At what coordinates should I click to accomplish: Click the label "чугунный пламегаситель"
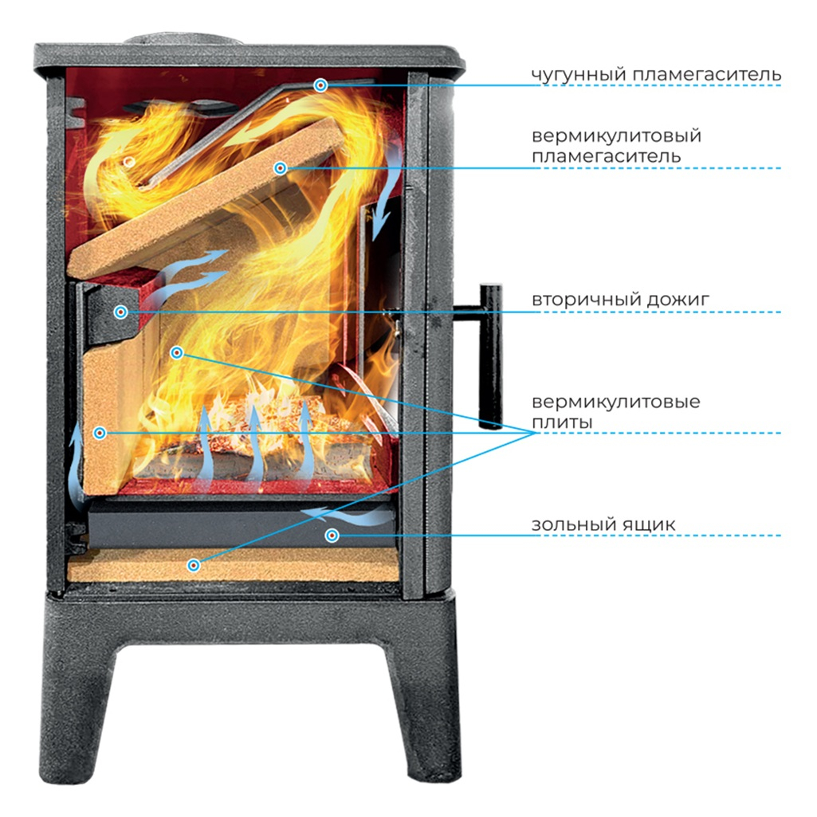[x=656, y=75]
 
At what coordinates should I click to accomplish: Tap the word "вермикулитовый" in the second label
[x=616, y=136]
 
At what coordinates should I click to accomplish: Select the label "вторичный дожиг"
[x=620, y=300]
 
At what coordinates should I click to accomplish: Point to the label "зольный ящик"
[x=603, y=525]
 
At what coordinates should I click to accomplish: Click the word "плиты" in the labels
[x=562, y=422]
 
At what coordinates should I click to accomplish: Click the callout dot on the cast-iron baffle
[x=320, y=85]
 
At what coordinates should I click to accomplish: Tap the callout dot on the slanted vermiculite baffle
[x=280, y=168]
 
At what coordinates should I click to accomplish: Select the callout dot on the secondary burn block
[x=120, y=312]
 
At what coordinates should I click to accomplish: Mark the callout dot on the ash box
[x=332, y=536]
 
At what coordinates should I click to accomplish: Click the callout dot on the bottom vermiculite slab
[x=193, y=566]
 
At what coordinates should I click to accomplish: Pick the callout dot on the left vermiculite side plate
[x=100, y=433]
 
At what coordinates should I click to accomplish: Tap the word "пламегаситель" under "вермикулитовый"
[x=606, y=155]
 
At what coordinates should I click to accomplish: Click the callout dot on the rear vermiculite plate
[x=177, y=352]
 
